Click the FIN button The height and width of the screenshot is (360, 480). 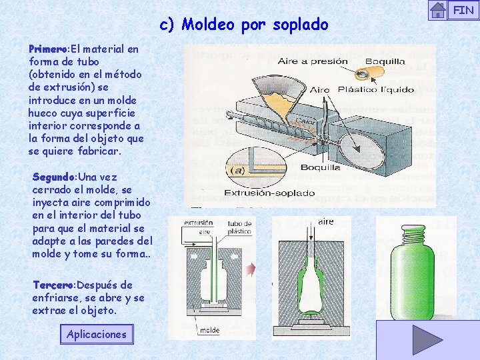[463, 10]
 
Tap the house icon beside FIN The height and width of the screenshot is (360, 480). [438, 10]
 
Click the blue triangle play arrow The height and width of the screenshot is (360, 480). [427, 340]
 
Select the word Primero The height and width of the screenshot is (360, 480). [48, 49]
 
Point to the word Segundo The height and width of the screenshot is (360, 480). [54, 177]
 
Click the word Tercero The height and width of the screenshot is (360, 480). [53, 285]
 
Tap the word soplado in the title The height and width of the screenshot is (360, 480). [299, 25]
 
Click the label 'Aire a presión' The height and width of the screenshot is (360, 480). [313, 61]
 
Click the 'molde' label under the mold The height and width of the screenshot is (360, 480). [209, 330]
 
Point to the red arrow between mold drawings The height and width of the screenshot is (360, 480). [251, 270]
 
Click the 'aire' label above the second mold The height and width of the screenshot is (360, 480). [325, 221]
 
